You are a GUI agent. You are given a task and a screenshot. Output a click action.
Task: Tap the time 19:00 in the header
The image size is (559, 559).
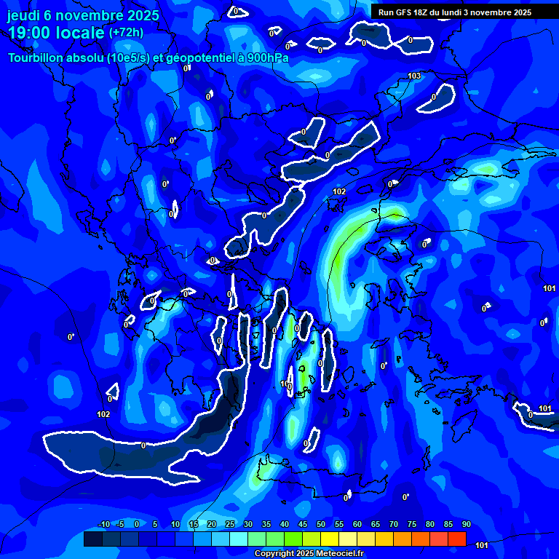click(30, 33)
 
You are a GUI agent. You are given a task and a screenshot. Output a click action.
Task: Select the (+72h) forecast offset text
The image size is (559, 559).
click(126, 33)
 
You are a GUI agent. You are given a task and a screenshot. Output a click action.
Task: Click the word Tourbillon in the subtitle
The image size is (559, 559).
click(37, 58)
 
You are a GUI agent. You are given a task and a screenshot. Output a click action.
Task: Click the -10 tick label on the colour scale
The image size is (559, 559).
click(103, 525)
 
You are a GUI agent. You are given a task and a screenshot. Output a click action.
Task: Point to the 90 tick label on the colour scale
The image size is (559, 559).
click(466, 525)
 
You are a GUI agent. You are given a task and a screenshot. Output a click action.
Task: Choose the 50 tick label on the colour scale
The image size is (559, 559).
click(320, 525)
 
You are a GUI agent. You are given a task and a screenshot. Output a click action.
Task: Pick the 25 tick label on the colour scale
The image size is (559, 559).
click(229, 525)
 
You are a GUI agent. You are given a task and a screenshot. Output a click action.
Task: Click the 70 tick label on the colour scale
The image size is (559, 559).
click(393, 525)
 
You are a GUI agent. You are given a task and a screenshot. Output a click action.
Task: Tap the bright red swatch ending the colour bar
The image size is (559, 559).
click(457, 539)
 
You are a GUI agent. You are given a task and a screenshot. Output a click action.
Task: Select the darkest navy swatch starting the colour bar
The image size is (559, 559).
click(93, 539)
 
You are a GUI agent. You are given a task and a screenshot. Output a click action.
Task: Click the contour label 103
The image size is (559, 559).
click(414, 76)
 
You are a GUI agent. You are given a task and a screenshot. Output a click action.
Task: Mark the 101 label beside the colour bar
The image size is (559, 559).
click(481, 544)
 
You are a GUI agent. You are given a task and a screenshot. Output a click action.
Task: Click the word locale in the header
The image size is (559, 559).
click(78, 33)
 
